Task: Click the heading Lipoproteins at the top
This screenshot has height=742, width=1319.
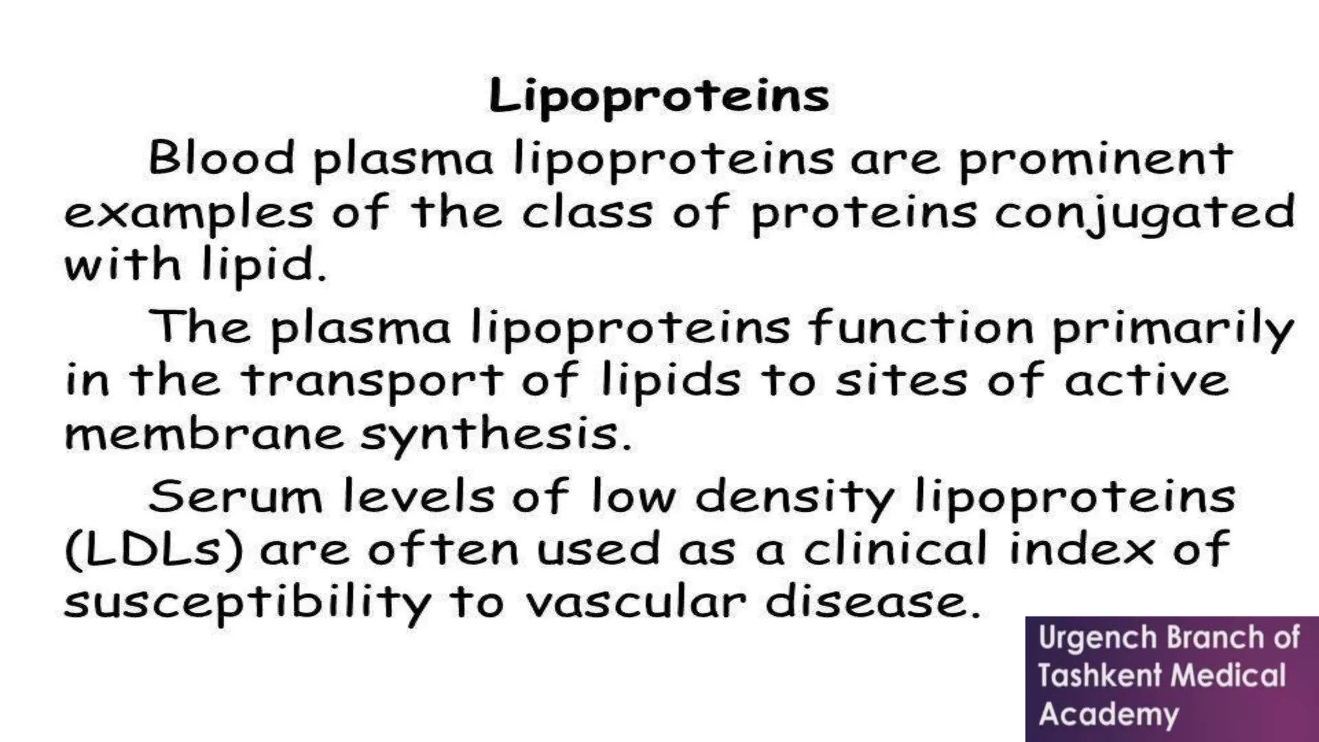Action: pos(659,97)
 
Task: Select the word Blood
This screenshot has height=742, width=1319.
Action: pos(222,158)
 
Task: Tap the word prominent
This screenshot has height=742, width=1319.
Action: pos(1096,159)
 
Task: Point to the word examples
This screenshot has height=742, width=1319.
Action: pos(189,213)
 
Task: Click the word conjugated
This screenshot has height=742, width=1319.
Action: pos(1144,213)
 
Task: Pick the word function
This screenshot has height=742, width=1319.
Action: pos(922,327)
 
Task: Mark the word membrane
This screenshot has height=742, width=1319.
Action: pos(205,434)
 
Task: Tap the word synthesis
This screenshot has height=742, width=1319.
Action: pos(495,435)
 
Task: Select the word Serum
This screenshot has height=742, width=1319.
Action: pos(235,497)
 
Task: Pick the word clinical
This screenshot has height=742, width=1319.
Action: pos(895,549)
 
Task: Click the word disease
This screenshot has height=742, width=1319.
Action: pos(873,603)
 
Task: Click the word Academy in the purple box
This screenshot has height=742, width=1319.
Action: pos(1108,714)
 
